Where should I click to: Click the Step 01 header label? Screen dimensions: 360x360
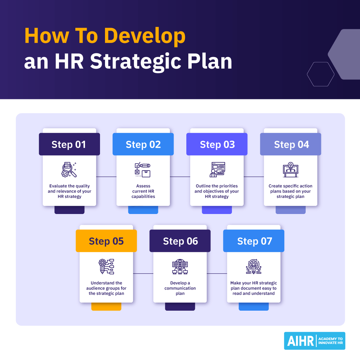[69, 144]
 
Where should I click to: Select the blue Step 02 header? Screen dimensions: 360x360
[143, 144]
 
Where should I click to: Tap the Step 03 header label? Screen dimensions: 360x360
[217, 144]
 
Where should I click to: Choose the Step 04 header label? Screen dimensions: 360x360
[291, 144]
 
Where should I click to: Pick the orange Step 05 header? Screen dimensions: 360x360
[106, 241]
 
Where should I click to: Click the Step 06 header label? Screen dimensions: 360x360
[180, 241]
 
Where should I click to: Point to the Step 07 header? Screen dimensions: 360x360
[254, 241]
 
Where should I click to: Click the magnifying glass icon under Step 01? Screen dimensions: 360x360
[69, 170]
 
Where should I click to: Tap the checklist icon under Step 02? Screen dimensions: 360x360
[142, 170]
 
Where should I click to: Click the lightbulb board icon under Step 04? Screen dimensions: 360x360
[290, 170]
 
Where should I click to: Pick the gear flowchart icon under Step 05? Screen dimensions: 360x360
[106, 266]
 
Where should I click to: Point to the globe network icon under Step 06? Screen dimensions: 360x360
[180, 266]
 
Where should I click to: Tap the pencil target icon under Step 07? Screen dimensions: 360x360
[254, 266]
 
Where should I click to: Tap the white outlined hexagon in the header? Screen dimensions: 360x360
[320, 74]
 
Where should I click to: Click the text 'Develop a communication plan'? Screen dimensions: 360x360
[180, 288]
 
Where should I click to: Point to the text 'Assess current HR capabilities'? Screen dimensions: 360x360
[143, 191]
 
